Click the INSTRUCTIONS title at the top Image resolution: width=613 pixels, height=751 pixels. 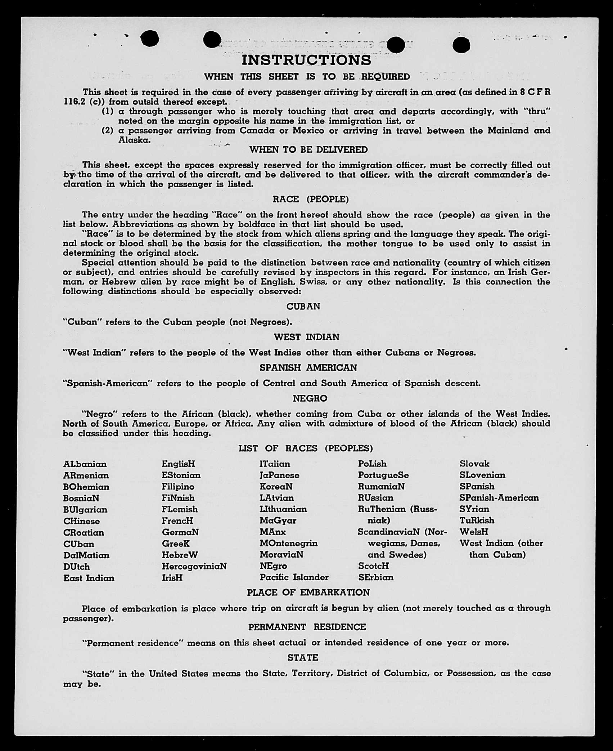[306, 60]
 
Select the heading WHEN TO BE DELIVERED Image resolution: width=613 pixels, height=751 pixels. [308, 149]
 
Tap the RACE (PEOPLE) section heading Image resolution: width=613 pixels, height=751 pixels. [311, 199]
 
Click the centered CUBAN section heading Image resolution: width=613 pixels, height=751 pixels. [303, 306]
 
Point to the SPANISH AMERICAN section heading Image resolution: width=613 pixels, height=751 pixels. [308, 367]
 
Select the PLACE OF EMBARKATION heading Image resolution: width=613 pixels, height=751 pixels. [308, 593]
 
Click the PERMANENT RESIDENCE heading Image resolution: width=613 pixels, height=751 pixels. [307, 627]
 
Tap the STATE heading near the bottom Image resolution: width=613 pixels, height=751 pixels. [303, 658]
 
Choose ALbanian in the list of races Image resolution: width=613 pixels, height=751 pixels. [85, 464]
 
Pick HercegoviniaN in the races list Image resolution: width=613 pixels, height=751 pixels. [194, 566]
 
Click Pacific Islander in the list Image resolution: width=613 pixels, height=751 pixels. [294, 577]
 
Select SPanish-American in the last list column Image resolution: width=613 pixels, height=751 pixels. [499, 498]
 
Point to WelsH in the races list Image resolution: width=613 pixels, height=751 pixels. [474, 532]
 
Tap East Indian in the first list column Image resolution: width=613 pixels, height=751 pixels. [89, 578]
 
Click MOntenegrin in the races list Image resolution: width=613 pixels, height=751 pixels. [288, 543]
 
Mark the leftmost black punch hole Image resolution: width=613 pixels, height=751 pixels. [150, 39]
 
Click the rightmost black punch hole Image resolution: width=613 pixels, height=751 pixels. [461, 45]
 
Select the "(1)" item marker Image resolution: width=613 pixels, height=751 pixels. [107, 111]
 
